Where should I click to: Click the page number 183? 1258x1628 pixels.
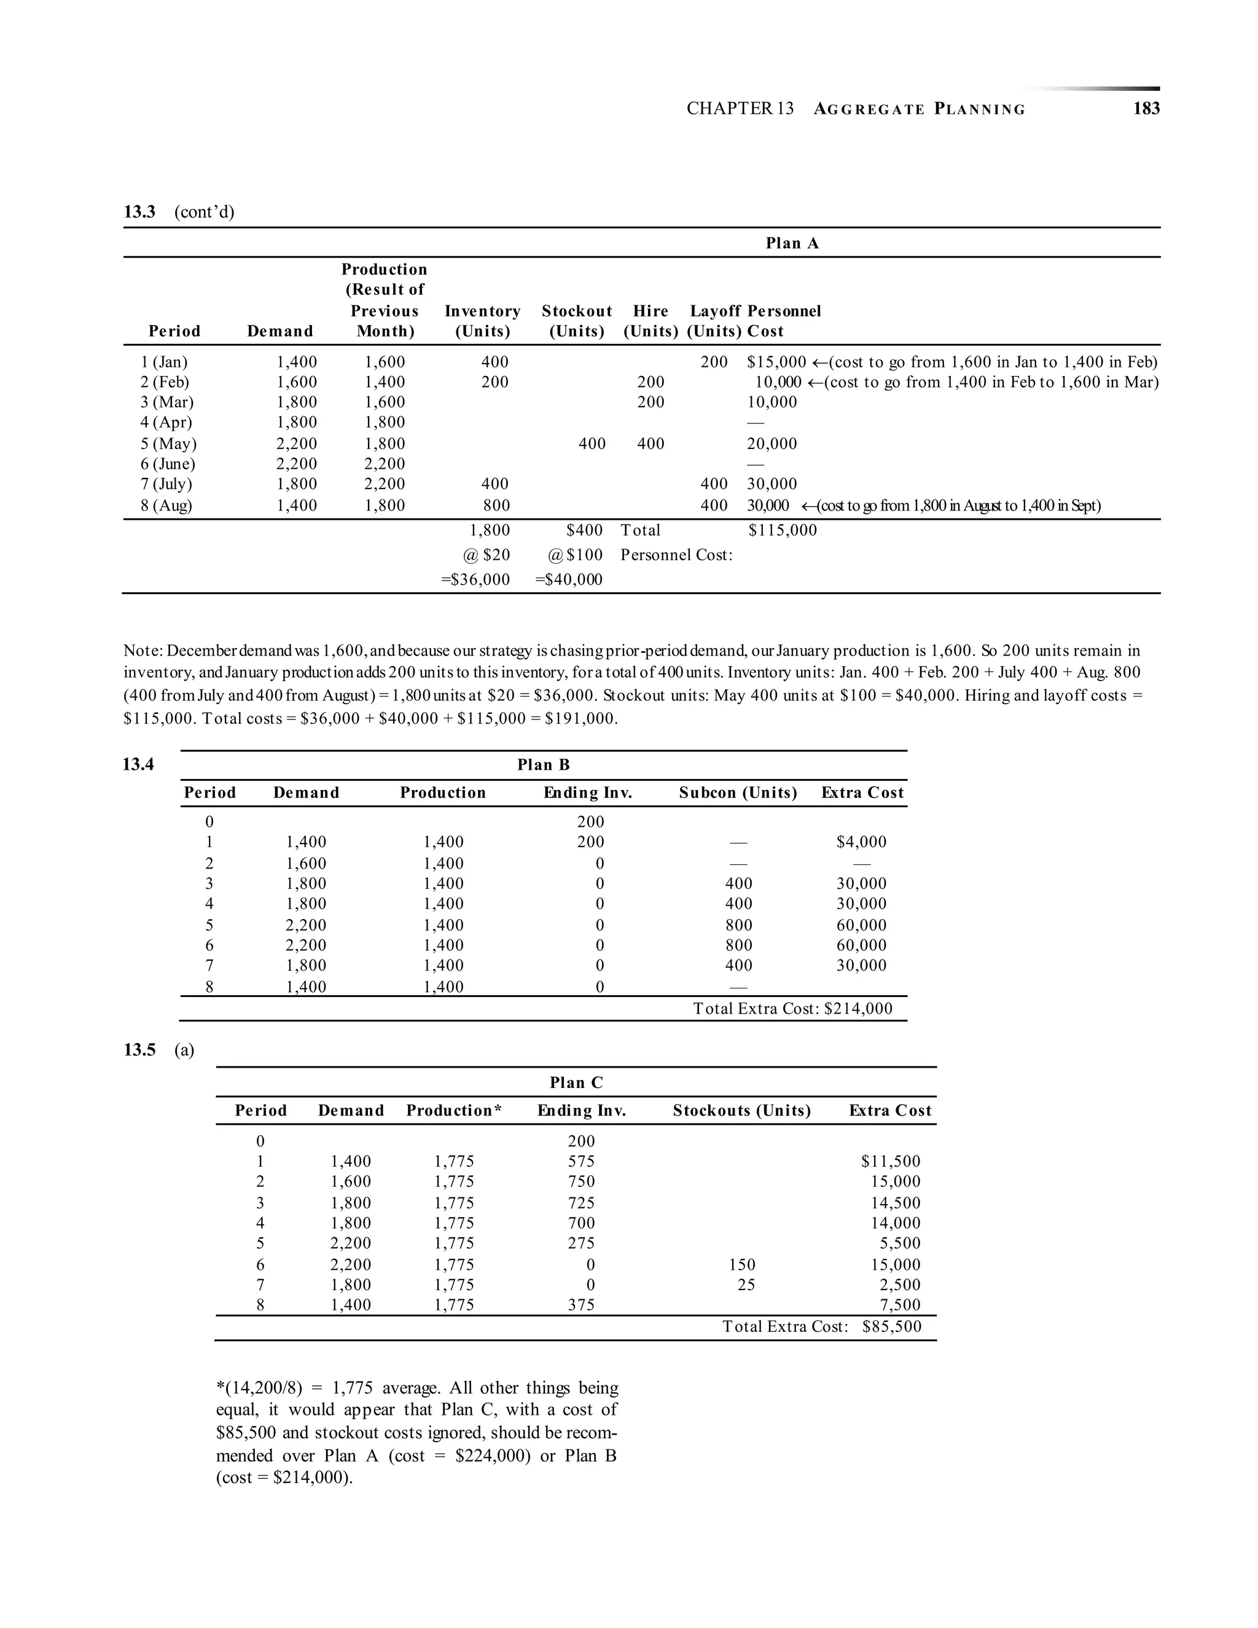pyautogui.click(x=1146, y=109)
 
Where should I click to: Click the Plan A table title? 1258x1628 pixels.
pyautogui.click(x=792, y=243)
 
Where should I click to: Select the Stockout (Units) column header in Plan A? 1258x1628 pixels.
pyautogui.click(x=576, y=321)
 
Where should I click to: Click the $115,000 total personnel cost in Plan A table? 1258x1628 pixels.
pyautogui.click(x=782, y=530)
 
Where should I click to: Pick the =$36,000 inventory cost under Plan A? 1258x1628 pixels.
pyautogui.click(x=475, y=579)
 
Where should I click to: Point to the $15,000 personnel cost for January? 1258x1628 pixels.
pyautogui.click(x=776, y=362)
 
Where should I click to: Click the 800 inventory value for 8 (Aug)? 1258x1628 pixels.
pyautogui.click(x=496, y=506)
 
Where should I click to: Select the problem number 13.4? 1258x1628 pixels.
pyautogui.click(x=139, y=764)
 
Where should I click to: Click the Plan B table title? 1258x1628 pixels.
pyautogui.click(x=543, y=765)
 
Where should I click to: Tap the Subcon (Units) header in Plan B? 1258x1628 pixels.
pyautogui.click(x=738, y=792)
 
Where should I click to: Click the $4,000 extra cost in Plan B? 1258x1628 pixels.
pyautogui.click(x=862, y=842)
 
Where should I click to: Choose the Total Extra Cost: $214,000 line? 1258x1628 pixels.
pyautogui.click(x=792, y=1009)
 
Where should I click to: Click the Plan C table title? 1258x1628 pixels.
pyautogui.click(x=576, y=1082)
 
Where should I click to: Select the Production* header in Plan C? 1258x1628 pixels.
pyautogui.click(x=454, y=1111)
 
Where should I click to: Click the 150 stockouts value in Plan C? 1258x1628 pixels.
pyautogui.click(x=741, y=1264)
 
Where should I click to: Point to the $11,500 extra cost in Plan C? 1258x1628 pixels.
pyautogui.click(x=891, y=1161)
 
